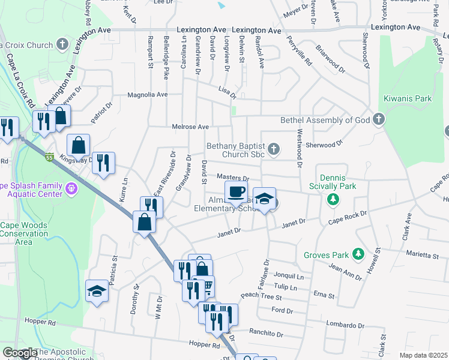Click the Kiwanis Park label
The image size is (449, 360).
[x=406, y=98]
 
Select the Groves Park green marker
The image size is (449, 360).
[x=359, y=254]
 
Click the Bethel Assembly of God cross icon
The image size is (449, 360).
[x=378, y=119]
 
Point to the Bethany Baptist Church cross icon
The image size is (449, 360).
[x=274, y=148]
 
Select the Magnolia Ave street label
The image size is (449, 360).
[x=147, y=95]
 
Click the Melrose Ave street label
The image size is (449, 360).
[x=190, y=127]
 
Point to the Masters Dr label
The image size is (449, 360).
[x=232, y=178]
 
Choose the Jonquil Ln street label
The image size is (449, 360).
[x=288, y=277]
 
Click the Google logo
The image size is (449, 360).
[x=20, y=353]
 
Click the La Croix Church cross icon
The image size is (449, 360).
[x=62, y=44]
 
